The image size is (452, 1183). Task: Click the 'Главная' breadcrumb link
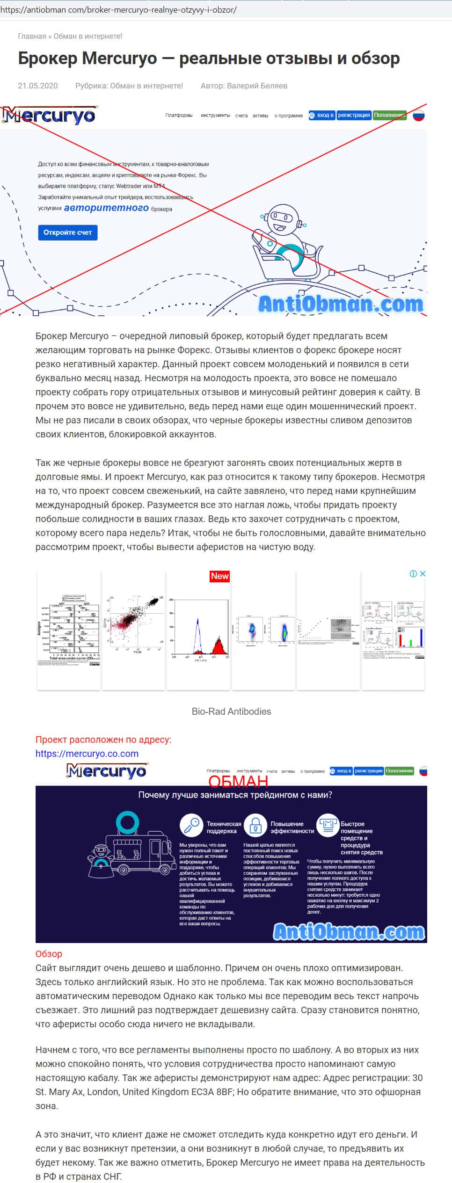point(32,36)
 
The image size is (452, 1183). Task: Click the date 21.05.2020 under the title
point(38,86)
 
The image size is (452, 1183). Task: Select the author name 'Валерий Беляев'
point(257,86)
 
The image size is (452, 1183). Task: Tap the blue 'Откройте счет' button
point(67,232)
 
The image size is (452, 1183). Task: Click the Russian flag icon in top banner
point(418,115)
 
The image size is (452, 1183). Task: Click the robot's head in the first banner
point(282,218)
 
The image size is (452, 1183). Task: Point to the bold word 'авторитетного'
point(106,208)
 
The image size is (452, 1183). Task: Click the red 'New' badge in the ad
point(219,576)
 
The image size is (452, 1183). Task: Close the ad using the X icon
point(422,573)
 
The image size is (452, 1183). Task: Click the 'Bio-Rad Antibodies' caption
point(231,711)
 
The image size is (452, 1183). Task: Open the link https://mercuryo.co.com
point(87,754)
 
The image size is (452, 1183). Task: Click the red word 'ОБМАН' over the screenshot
point(238,781)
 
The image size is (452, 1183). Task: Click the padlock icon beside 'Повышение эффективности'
point(255,826)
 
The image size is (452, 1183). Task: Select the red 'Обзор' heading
point(49,954)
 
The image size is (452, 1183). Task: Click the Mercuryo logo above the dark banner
point(106,770)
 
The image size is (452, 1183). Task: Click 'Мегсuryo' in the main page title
point(120,58)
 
